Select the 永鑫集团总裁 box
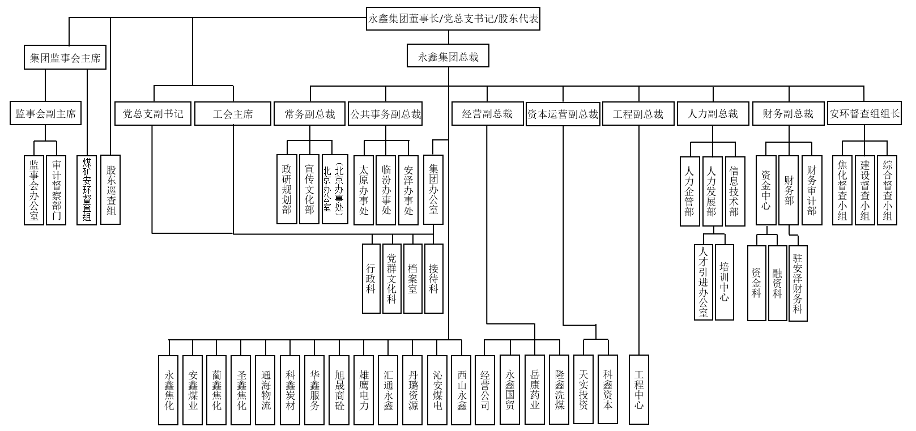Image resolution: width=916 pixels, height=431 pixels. pyautogui.click(x=448, y=57)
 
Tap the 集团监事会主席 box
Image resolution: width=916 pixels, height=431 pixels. pyautogui.click(x=65, y=58)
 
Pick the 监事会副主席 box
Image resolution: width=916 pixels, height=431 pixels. pyautogui.click(x=45, y=113)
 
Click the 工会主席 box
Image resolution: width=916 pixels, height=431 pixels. pyautogui.click(x=233, y=114)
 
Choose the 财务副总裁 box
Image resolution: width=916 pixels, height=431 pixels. pyautogui.click(x=787, y=114)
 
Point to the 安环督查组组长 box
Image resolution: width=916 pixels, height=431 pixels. pyautogui.click(x=864, y=114)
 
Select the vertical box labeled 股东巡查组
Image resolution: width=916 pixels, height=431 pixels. pyautogui.click(x=110, y=189)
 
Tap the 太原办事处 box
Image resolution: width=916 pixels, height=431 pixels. pyautogui.click(x=364, y=189)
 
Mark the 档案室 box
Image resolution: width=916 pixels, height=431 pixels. pyautogui.click(x=412, y=278)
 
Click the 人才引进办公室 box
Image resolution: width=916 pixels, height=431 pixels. pyautogui.click(x=703, y=281)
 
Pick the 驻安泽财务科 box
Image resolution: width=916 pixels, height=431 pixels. pyautogui.click(x=797, y=283)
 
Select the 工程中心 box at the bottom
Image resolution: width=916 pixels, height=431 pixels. pyautogui.click(x=639, y=390)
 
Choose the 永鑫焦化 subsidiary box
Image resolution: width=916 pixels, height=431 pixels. pyautogui.click(x=169, y=390)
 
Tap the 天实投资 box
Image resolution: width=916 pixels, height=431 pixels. pyautogui.click(x=583, y=390)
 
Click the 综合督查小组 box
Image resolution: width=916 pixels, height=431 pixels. pyautogui.click(x=887, y=189)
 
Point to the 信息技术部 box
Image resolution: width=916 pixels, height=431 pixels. pyautogui.click(x=734, y=191)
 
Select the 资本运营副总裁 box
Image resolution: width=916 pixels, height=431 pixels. pyautogui.click(x=563, y=114)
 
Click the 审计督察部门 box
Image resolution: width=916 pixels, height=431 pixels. pyautogui.click(x=56, y=189)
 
